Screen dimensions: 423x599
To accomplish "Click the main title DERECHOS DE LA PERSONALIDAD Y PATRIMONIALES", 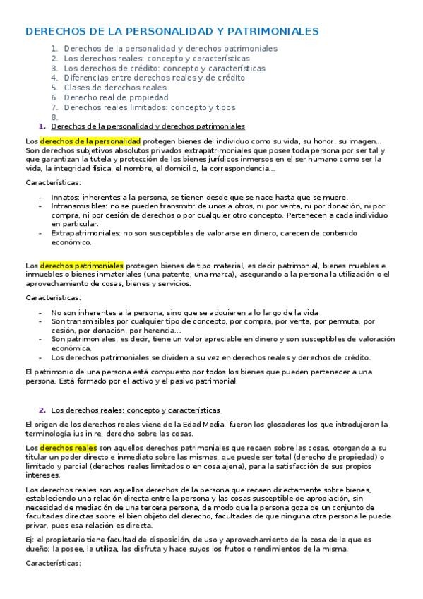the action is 172,31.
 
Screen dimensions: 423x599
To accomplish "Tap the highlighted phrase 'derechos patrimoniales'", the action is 81,266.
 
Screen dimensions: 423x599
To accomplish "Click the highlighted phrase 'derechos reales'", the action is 67,448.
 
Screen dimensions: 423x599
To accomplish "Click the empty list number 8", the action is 54,117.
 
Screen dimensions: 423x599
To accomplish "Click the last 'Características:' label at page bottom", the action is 53,564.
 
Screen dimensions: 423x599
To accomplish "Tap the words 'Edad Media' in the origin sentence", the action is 203,424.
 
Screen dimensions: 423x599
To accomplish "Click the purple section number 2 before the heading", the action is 42,410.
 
